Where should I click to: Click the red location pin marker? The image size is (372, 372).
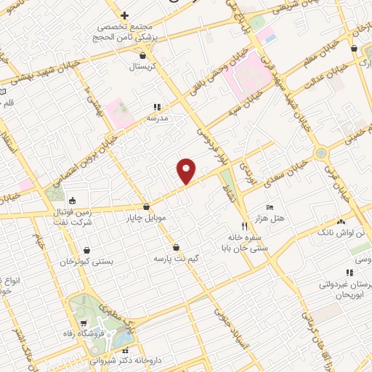tap(187, 171)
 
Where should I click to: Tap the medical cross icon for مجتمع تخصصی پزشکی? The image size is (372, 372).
tap(124, 15)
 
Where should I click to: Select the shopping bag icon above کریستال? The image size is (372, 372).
tap(143, 54)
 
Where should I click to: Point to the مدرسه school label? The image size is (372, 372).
tap(158, 117)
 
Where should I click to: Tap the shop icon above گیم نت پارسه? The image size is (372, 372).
tap(177, 247)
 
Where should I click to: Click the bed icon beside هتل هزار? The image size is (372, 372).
tap(270, 208)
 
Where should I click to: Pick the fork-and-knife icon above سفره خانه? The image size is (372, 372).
tap(244, 225)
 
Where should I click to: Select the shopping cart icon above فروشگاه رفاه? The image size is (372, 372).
tap(85, 323)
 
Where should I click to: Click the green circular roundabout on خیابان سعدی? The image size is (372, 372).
tap(320, 153)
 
